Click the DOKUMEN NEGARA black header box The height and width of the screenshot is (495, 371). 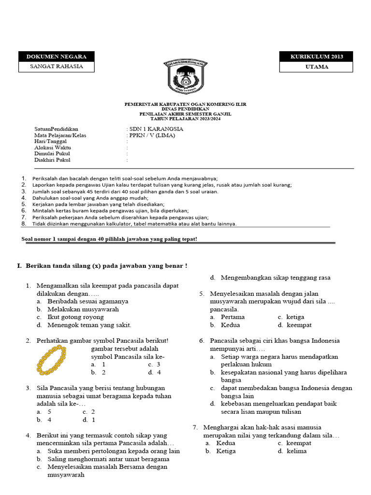click(x=56, y=57)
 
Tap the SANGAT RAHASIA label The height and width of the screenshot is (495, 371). click(x=56, y=67)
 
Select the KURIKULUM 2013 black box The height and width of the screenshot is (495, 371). click(x=316, y=57)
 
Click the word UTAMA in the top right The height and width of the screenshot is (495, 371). click(x=316, y=67)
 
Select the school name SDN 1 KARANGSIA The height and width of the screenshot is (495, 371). click(x=156, y=129)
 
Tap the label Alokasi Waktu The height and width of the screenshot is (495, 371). click(x=53, y=147)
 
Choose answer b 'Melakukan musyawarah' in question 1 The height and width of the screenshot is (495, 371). click(x=83, y=309)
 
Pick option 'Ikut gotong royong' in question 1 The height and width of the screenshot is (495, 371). click(x=75, y=317)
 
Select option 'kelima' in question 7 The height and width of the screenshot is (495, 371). click(x=296, y=451)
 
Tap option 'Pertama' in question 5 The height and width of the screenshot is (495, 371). click(x=232, y=317)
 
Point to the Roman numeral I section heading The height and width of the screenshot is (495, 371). click(x=101, y=266)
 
